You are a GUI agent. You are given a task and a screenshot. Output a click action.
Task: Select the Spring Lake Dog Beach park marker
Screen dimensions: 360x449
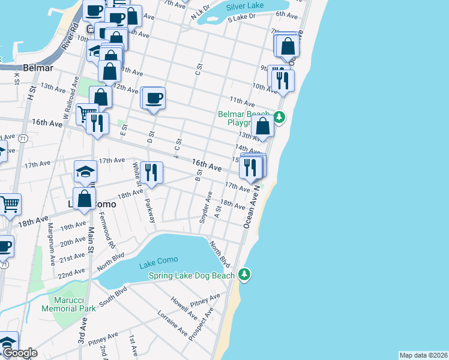tap(244, 275)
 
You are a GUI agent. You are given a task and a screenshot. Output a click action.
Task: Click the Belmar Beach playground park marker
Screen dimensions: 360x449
tap(279, 116)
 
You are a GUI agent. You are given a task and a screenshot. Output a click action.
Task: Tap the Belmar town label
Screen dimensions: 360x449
tap(40, 68)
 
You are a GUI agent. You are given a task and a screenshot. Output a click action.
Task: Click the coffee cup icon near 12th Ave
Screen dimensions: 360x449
tap(154, 98)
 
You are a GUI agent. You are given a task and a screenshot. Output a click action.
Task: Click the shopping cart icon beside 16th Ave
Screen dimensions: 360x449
tap(86, 113)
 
